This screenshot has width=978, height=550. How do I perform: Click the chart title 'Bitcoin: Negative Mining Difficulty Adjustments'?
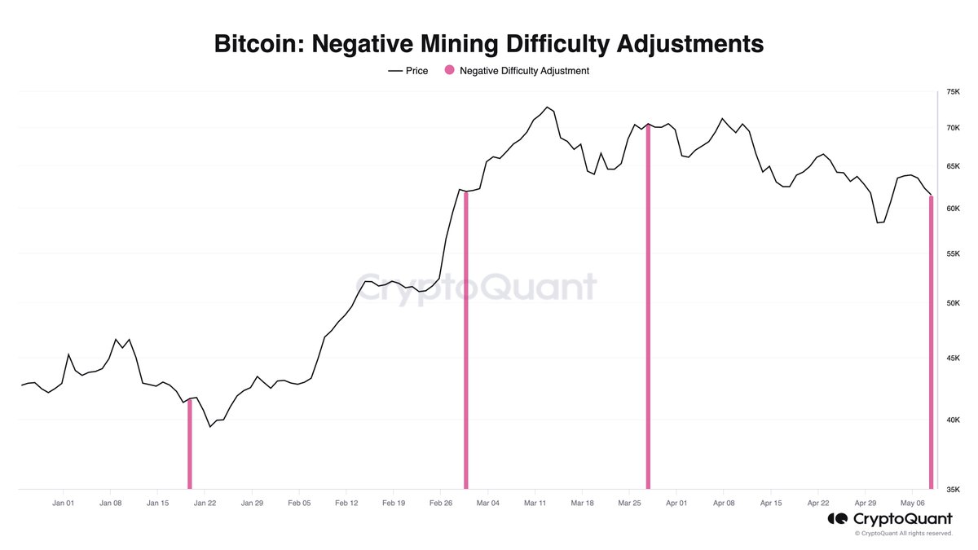coord(488,43)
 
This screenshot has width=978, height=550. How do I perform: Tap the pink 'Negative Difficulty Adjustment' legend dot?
coord(448,71)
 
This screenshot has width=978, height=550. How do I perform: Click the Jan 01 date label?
coord(64,504)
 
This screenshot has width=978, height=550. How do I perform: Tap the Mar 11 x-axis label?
coord(535,504)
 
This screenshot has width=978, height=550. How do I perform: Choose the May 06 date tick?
coord(913,504)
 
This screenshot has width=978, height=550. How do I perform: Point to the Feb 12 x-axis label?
coord(346,504)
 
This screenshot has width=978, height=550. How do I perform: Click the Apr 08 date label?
coord(724,504)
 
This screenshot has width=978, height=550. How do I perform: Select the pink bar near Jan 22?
coord(190,444)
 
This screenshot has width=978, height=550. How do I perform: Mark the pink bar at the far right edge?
coord(931,342)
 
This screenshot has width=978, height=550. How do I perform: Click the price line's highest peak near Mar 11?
coord(548,108)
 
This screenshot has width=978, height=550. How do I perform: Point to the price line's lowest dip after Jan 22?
coord(210,426)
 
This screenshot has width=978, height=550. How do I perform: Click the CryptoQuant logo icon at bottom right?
coord(837,519)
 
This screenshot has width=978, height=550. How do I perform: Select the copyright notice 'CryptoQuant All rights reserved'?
coord(903,534)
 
